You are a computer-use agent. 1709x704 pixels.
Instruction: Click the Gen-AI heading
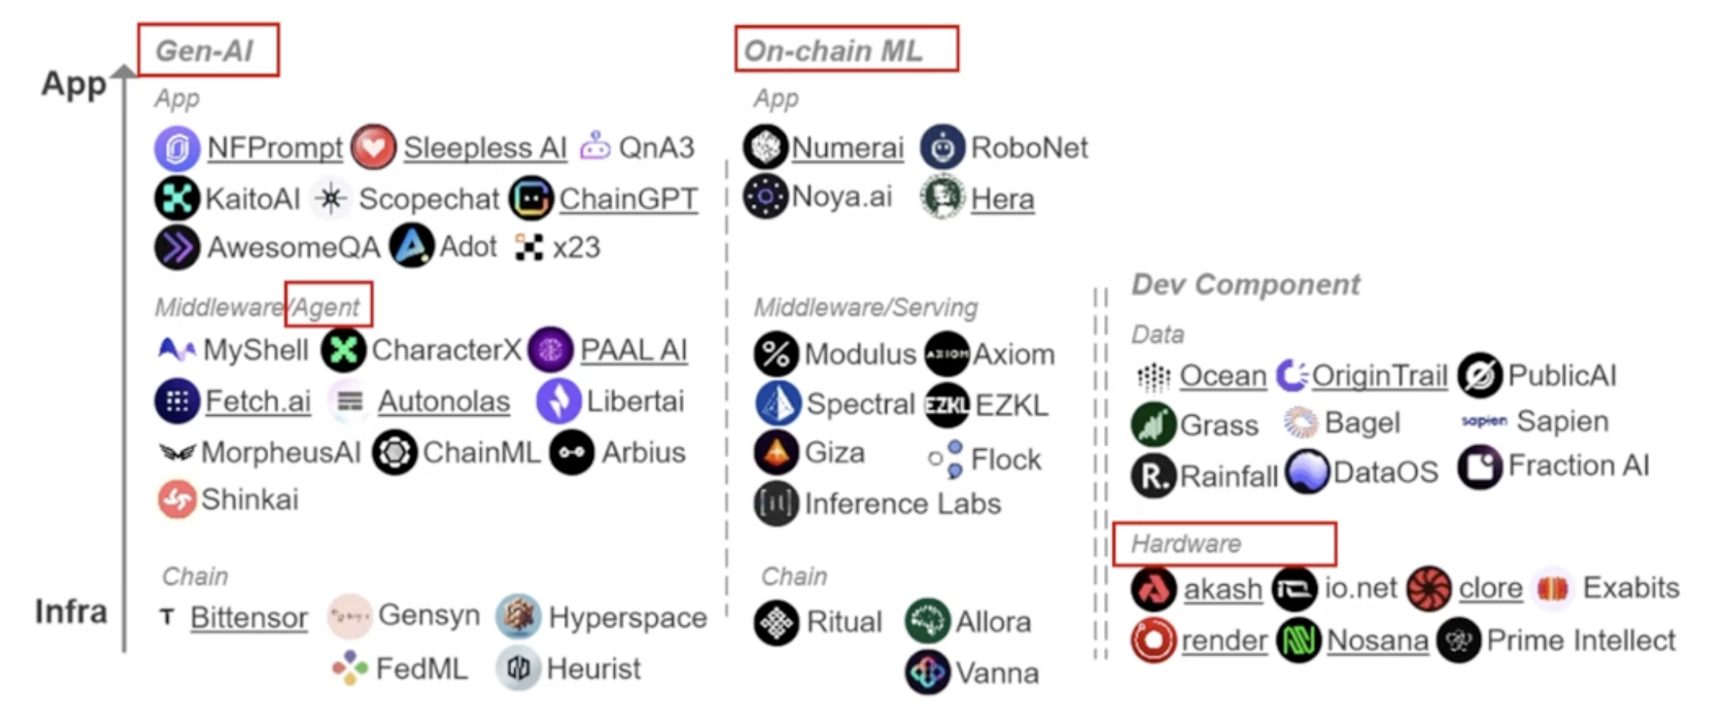[205, 51]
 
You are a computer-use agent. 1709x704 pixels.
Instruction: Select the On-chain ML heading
[833, 51]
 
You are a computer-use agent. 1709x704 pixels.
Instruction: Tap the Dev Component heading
[1246, 284]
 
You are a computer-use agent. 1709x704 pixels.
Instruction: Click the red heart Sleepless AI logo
[373, 147]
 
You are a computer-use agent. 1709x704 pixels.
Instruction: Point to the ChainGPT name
[628, 199]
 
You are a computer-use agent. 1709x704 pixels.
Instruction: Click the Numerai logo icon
[765, 147]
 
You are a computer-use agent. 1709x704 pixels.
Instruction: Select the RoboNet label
[1029, 147]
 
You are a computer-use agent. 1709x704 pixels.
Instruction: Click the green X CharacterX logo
[343, 350]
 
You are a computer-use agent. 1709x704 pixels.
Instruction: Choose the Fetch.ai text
[258, 401]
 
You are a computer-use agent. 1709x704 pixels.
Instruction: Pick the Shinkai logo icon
[177, 499]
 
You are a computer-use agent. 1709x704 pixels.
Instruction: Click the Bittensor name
[248, 617]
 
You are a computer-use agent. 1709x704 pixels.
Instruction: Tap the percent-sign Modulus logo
[776, 354]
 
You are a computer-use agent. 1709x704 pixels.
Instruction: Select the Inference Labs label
[902, 503]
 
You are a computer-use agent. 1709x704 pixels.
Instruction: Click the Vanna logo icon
[927, 672]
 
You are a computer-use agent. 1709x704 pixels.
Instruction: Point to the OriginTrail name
[1379, 375]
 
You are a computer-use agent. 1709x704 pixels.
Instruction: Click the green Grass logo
[1153, 424]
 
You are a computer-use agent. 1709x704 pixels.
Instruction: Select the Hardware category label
[1186, 544]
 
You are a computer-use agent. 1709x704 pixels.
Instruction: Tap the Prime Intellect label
[1581, 639]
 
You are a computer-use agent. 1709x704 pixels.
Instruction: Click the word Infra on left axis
[72, 612]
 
